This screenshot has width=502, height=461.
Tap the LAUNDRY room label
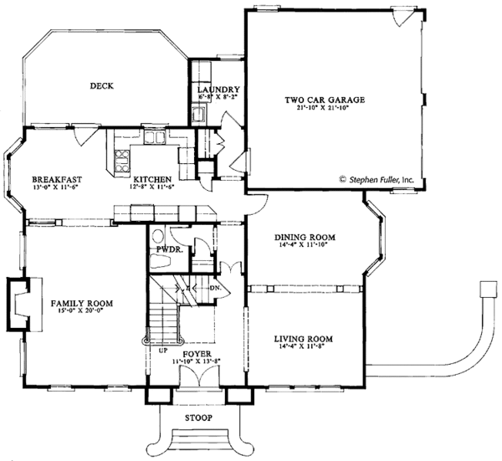pyautogui.click(x=219, y=90)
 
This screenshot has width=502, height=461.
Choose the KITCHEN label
pyautogui.click(x=151, y=179)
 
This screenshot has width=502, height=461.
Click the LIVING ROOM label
pyautogui.click(x=305, y=339)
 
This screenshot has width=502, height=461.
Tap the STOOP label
pyautogui.click(x=198, y=417)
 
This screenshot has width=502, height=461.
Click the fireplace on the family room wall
pyautogui.click(x=19, y=302)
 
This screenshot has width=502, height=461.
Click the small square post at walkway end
pyautogui.click(x=488, y=289)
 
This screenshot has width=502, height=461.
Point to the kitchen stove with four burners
pyautogui.click(x=120, y=154)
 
